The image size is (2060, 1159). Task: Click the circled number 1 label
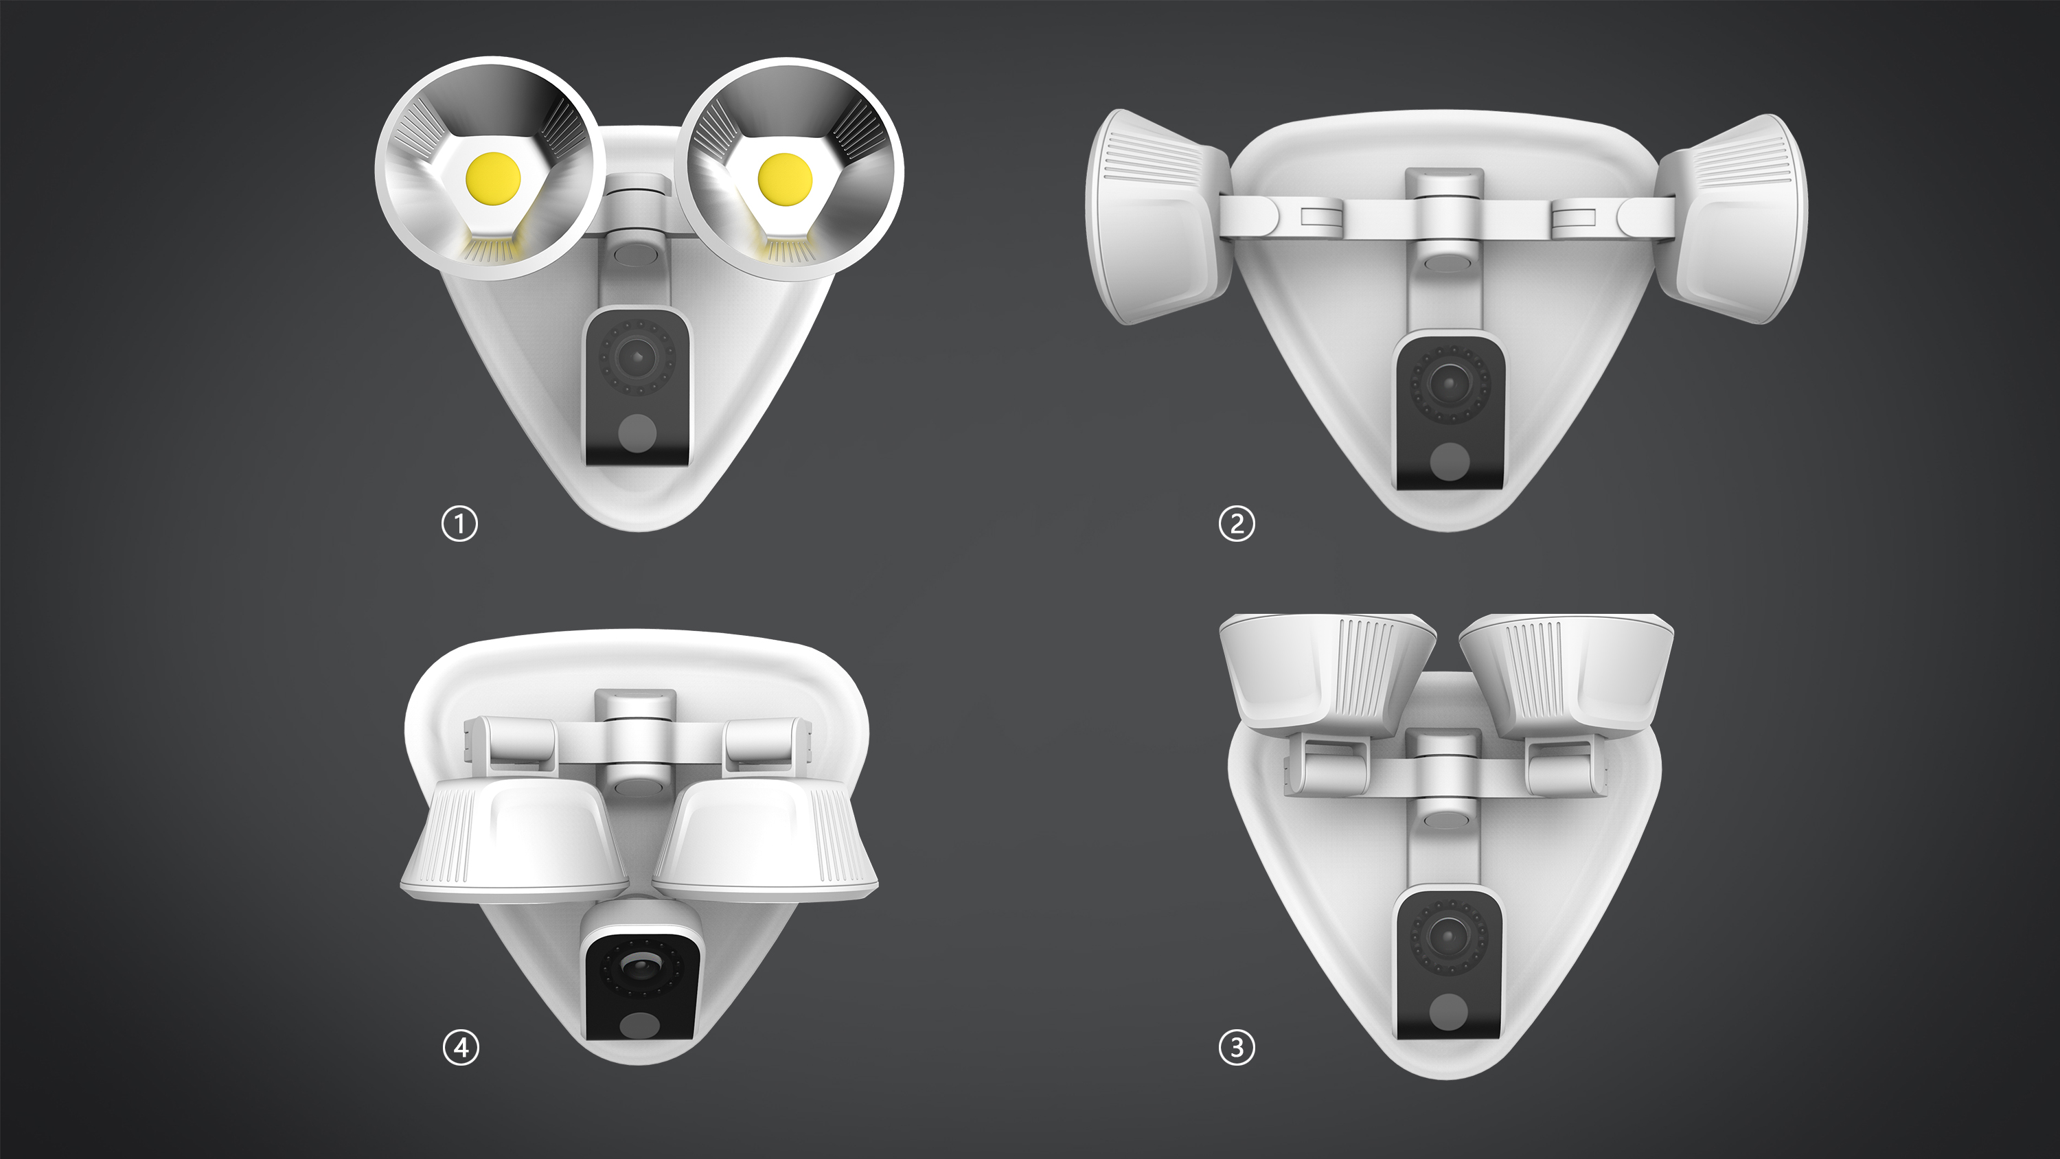460,524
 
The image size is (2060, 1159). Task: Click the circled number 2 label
1236,524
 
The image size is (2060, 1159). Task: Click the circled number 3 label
1236,1047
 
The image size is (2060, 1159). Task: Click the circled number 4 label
461,1047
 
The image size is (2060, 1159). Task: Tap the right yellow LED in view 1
784,179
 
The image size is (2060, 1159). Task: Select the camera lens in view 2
1448,383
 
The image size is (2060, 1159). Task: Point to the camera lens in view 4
637,969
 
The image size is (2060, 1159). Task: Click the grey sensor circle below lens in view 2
1448,462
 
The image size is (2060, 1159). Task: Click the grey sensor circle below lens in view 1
637,433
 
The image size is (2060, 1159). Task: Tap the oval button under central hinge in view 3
1448,819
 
